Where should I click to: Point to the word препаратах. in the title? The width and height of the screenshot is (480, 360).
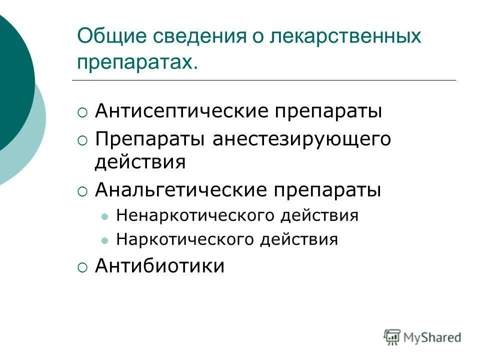click(135, 62)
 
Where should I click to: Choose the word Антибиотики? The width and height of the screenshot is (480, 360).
click(159, 266)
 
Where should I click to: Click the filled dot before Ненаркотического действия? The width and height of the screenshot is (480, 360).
click(104, 217)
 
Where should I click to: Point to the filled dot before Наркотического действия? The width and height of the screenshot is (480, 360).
click(104, 240)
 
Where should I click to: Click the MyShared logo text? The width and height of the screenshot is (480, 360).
click(433, 337)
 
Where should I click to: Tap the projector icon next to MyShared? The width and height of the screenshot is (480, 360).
click(392, 336)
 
